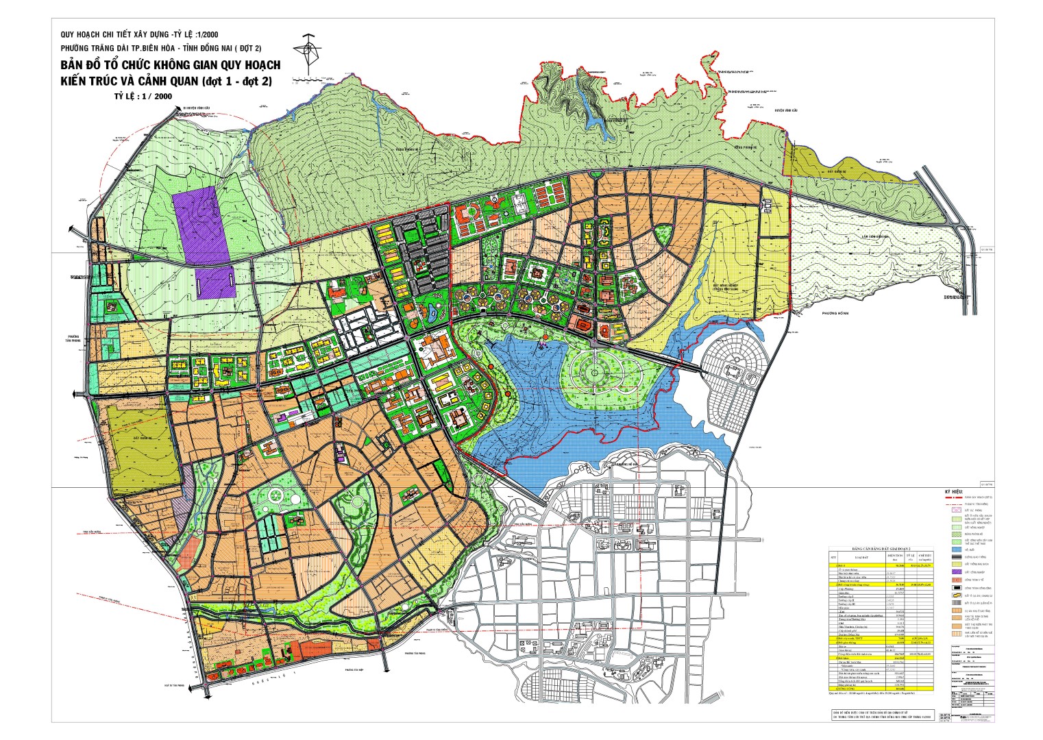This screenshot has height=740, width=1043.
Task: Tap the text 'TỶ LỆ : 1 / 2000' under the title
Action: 143,97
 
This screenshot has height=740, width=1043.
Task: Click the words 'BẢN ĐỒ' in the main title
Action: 83,66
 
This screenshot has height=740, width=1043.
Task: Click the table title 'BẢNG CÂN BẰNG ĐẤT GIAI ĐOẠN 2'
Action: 881,550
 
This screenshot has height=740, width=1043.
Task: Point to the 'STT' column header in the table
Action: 833,557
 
